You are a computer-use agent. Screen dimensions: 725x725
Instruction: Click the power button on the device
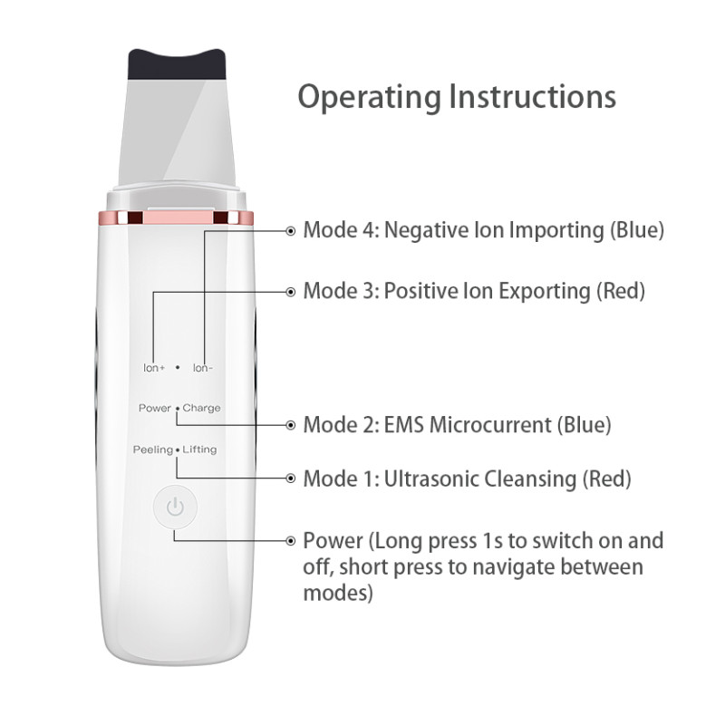(x=175, y=507)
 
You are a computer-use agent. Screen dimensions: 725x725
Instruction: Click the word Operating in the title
(x=370, y=98)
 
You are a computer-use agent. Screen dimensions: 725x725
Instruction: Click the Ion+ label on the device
(x=154, y=368)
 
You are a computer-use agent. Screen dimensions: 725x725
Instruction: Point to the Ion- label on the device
(x=203, y=368)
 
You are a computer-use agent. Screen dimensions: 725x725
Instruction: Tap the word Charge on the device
(x=201, y=409)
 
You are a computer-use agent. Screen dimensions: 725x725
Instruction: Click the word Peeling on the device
(x=153, y=449)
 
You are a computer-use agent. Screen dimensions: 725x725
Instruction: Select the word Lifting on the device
(x=199, y=449)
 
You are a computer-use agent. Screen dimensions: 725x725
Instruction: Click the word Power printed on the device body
(x=155, y=408)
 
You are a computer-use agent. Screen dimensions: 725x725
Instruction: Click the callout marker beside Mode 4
(x=290, y=231)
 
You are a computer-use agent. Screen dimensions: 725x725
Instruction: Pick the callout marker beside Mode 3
(x=290, y=292)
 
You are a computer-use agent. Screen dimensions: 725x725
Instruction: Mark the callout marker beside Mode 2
(x=290, y=425)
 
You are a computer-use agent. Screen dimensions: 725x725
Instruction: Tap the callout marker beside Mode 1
(x=290, y=478)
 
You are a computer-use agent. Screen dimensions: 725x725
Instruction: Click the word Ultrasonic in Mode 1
(x=430, y=478)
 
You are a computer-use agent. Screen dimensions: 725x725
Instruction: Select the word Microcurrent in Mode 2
(x=490, y=424)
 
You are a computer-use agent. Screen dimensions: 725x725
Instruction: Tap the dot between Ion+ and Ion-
(x=178, y=368)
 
